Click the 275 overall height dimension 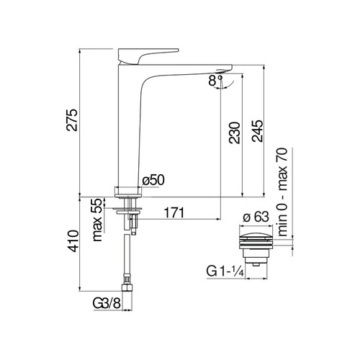[x=72, y=120]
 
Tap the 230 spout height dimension [x=235, y=133]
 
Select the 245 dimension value [x=257, y=131]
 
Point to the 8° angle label [x=215, y=81]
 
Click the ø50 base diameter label [x=153, y=180]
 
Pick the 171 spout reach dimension [x=174, y=212]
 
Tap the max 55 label [x=97, y=220]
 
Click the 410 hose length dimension [x=73, y=241]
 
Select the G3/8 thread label [x=107, y=303]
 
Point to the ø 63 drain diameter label [x=256, y=217]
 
